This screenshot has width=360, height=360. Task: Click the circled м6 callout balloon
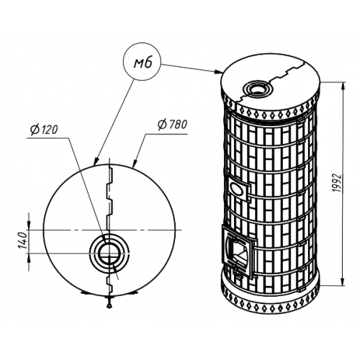pos(142,62)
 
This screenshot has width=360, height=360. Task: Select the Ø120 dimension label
pos(44,130)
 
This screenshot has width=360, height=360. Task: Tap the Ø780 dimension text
pos(172,125)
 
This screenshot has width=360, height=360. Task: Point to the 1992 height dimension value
pos(338,183)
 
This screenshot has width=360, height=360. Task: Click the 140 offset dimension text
pos(24,240)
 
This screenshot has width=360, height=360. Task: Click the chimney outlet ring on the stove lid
pos(257,89)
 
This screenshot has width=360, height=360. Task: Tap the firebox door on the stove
pos(238,252)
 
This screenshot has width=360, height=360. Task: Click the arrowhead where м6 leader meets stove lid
pos(218,71)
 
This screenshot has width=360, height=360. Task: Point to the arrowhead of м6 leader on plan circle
pos(96,161)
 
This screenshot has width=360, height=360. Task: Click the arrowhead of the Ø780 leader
pos(135,163)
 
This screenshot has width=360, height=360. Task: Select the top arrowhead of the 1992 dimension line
pos(343,86)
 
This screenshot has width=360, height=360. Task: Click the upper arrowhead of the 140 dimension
pos(29,225)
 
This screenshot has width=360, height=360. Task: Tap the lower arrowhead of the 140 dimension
pos(29,258)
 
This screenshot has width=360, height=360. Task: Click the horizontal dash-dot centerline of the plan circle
pos(105,230)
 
